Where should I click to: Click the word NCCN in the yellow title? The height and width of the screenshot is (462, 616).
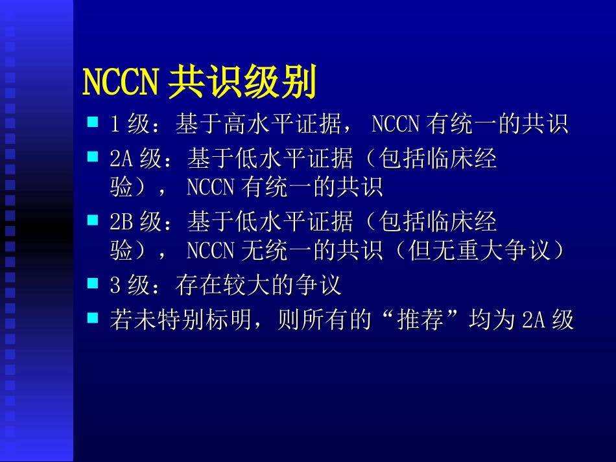(x=121, y=82)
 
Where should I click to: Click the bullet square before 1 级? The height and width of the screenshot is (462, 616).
(x=93, y=121)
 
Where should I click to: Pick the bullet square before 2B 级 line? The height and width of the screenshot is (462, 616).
(x=93, y=220)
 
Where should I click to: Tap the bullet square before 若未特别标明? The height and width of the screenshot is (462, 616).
(x=93, y=317)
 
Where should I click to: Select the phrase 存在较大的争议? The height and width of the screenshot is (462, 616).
(x=258, y=285)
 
